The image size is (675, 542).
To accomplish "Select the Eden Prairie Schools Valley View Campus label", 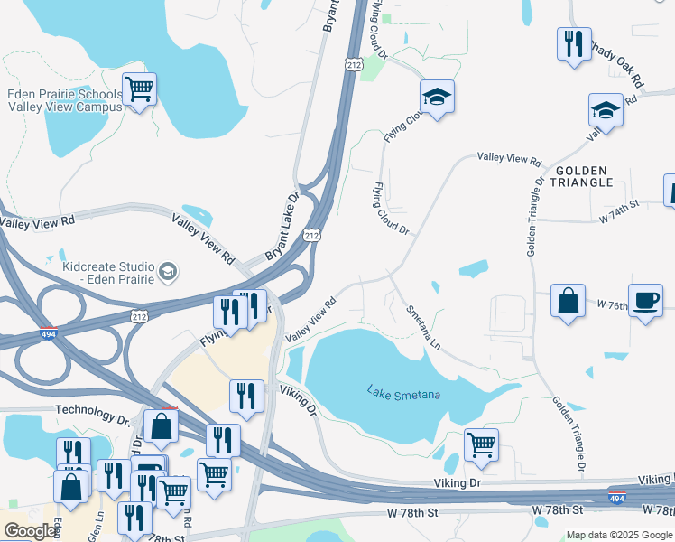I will click(64, 100).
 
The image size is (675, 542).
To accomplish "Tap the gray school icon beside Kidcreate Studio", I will click(167, 271).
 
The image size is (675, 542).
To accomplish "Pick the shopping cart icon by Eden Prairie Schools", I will click(139, 89).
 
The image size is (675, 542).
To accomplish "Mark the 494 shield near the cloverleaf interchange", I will click(49, 334).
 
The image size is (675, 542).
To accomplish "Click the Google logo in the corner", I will click(30, 530).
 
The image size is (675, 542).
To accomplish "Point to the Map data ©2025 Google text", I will click(618, 535).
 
